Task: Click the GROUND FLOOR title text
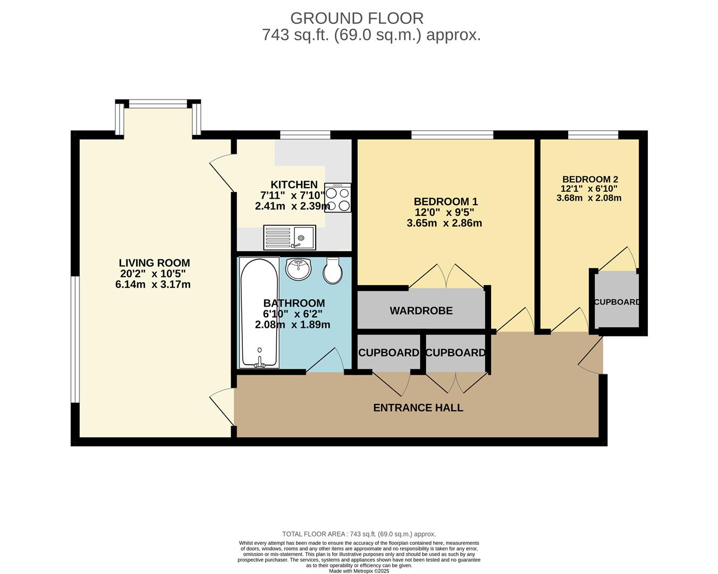pos(357,19)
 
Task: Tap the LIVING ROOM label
pos(155,263)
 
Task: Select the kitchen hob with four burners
pos(337,198)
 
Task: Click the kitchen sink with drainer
pos(289,237)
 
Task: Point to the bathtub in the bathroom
pos(259,313)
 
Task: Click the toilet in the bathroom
pos(332,271)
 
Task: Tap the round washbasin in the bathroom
pos(298,269)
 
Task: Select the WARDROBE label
pos(421,311)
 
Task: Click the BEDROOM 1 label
pos(446,201)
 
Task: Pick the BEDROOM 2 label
pos(590,179)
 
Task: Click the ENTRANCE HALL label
pos(418,408)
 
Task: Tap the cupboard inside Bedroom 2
pos(617,299)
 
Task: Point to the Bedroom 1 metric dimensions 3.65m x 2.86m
pos(444,223)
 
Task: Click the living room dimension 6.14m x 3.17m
pos(153,284)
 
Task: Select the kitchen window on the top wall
pos(305,134)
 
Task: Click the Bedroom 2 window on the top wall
pos(593,134)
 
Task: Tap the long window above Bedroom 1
pos(452,134)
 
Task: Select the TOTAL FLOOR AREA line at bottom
pos(359,534)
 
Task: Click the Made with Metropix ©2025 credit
pos(359,571)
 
